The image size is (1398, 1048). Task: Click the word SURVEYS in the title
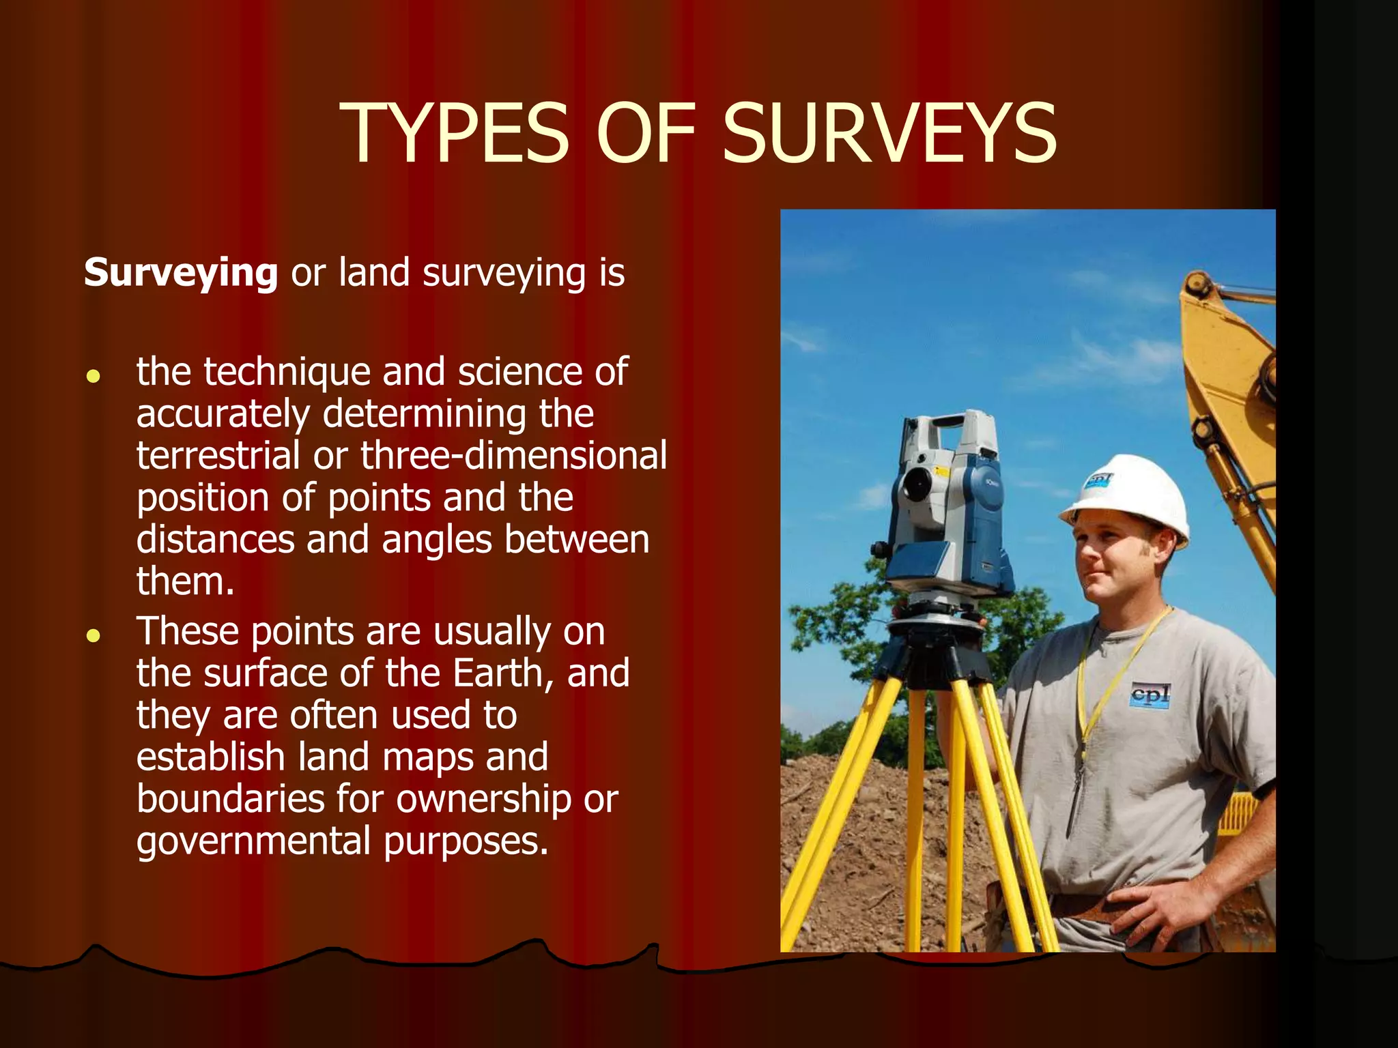tap(889, 133)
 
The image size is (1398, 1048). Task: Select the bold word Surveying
tap(181, 274)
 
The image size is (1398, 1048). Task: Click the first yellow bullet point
tap(94, 376)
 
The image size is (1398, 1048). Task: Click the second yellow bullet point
tap(94, 636)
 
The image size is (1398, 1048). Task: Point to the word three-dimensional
tap(513, 456)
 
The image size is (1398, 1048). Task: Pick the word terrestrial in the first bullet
tap(218, 456)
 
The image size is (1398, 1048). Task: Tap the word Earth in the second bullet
tap(503, 673)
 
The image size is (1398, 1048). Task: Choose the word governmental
tap(253, 841)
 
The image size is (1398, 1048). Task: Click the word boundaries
tap(230, 799)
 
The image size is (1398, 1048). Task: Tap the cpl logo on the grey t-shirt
tap(1150, 695)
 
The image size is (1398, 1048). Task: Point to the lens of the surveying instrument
tap(915, 483)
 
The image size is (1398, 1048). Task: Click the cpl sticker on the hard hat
tap(1098, 480)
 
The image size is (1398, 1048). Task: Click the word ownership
tap(483, 799)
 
